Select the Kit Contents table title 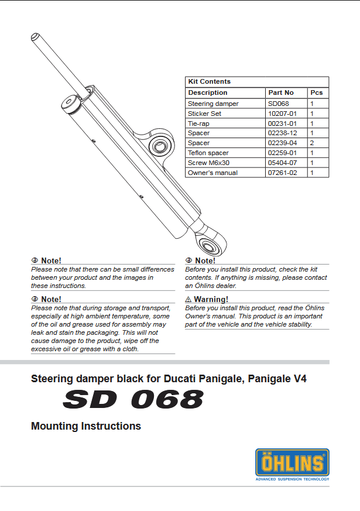(x=209, y=82)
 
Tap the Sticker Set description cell (x=204, y=114)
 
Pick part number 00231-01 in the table (x=282, y=124)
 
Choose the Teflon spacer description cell (x=208, y=153)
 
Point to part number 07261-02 (x=282, y=173)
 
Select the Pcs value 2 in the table (x=312, y=143)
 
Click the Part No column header (x=281, y=92)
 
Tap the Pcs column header (x=316, y=92)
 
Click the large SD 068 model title (x=133, y=400)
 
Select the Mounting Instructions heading (x=86, y=426)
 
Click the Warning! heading (x=211, y=299)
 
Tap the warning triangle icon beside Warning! (x=188, y=299)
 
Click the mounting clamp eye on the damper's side (x=159, y=144)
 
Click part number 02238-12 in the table (x=282, y=133)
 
